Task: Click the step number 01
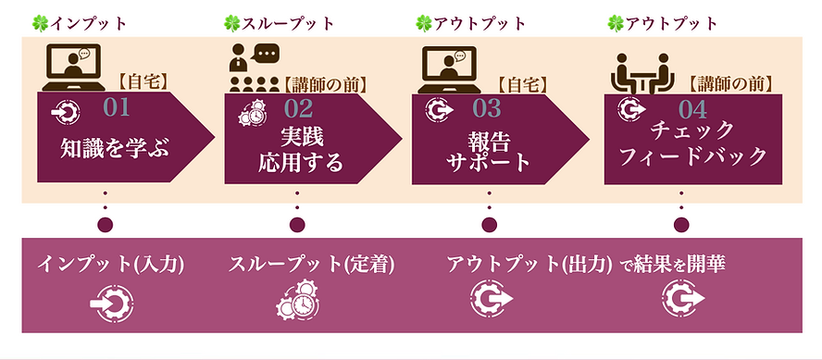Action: point(117,107)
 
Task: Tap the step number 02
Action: point(299,109)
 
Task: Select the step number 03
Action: point(486,109)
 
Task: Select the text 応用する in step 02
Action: point(300,163)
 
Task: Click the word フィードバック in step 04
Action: point(694,155)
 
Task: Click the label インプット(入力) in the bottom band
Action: point(111,264)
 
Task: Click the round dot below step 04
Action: point(681,224)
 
